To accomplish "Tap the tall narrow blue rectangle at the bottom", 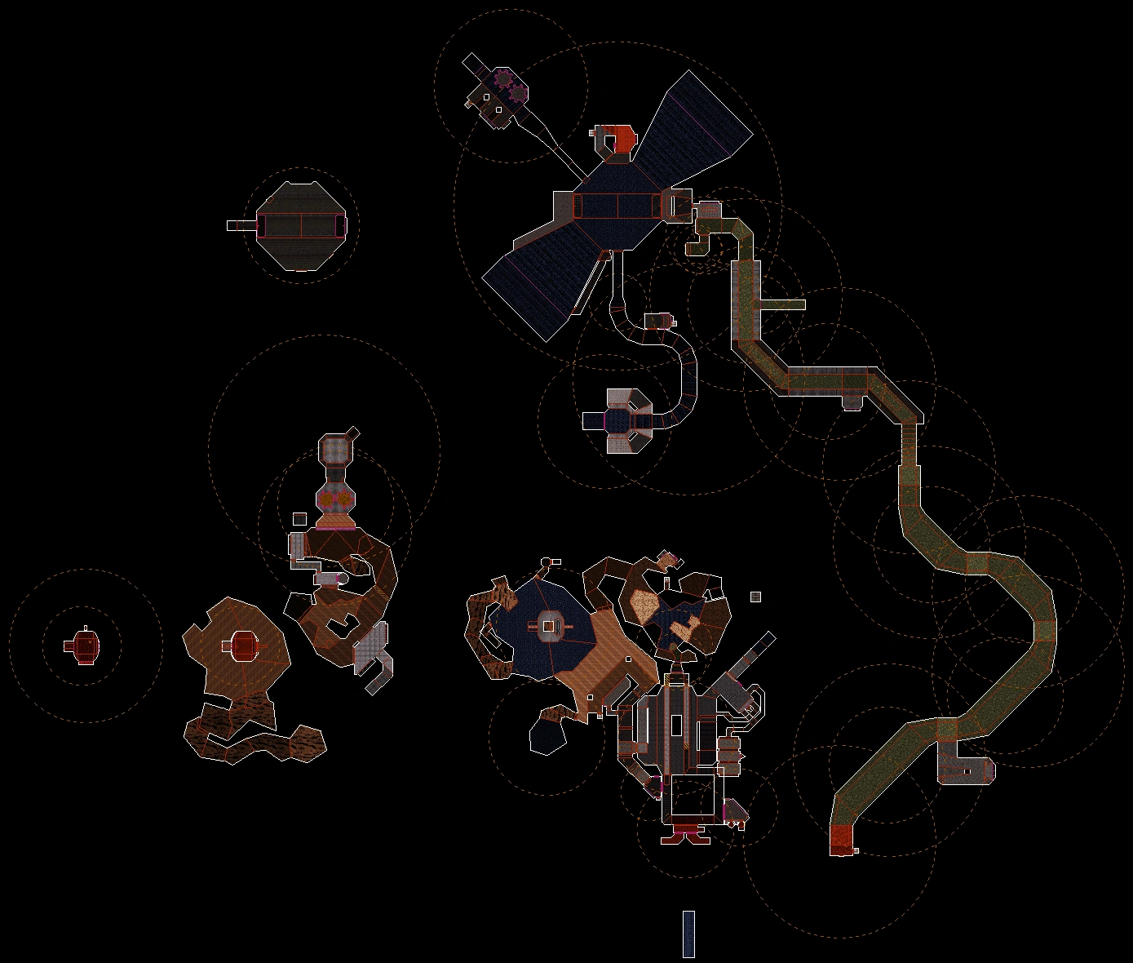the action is coord(688,934).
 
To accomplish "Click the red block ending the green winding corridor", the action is coord(840,839).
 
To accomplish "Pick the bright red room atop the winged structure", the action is coord(622,138).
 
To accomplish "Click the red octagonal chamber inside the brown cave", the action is coord(243,646).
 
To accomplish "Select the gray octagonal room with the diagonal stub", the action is coord(335,450).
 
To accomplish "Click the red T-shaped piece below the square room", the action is coord(684,834).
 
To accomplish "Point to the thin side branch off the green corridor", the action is coord(782,305).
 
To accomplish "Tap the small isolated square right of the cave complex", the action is coord(755,597).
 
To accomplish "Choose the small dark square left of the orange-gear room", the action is coord(299,519).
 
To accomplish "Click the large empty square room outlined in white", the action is coord(693,797).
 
